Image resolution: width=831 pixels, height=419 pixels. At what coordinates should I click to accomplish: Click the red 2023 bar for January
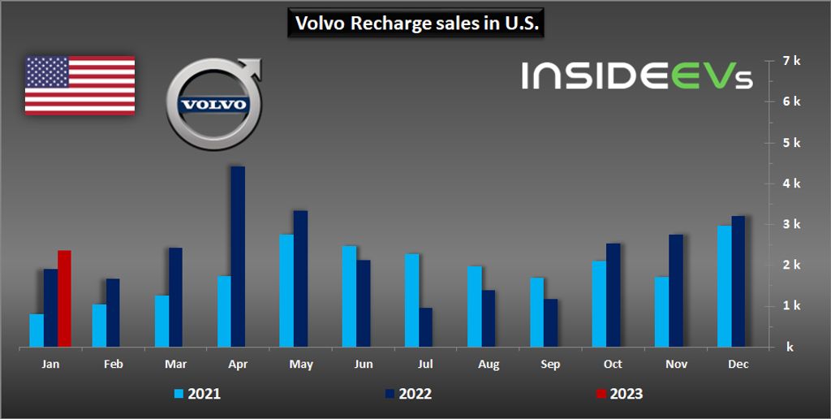64,299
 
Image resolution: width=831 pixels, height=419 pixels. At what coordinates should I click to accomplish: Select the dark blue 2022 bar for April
238,257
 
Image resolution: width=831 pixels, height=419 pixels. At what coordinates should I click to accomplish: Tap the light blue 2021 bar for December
724,286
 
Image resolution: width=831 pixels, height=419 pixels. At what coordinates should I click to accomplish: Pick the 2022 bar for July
426,327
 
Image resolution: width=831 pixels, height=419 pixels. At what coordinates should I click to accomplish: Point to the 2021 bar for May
286,291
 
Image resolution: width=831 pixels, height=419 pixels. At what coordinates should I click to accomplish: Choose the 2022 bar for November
676,291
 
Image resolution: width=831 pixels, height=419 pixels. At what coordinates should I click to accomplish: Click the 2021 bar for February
99,326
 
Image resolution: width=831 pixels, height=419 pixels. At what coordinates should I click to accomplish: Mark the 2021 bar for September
537,312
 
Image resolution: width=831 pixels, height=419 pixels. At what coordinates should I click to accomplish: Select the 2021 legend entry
197,395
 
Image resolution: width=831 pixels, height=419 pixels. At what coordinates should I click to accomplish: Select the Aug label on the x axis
489,365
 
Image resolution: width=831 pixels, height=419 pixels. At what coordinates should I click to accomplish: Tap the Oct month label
614,365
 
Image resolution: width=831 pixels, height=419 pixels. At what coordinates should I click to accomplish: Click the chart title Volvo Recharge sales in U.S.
415,24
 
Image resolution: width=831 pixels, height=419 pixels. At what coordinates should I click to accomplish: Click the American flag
80,85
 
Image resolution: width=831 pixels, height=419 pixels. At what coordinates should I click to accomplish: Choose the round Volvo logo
213,105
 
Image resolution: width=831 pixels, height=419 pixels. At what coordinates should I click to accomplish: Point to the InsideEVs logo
636,76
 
